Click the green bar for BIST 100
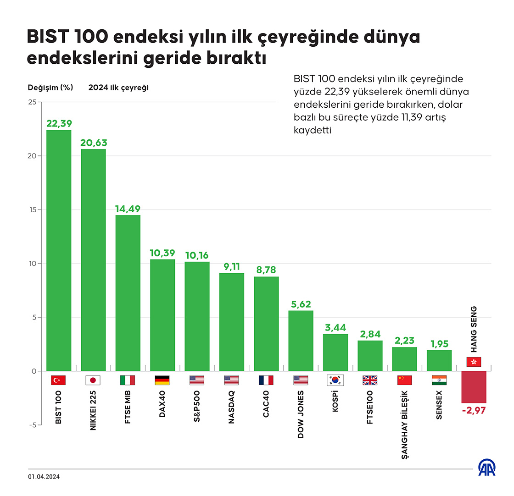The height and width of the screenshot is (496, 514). point(59,250)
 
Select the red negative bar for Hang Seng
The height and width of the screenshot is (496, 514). point(474,386)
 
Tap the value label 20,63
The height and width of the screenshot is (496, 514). point(93,143)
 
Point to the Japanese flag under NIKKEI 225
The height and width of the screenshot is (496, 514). point(93,380)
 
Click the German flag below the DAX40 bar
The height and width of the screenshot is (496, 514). point(162,380)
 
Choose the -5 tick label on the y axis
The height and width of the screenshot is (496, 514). point(31,425)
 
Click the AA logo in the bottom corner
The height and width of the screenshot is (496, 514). point(487,468)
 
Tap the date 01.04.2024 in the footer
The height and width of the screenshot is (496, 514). point(44,477)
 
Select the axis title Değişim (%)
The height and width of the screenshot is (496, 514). point(50,88)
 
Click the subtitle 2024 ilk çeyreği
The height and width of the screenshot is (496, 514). point(118,88)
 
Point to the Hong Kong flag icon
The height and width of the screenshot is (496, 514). point(474,362)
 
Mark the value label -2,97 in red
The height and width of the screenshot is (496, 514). point(474,410)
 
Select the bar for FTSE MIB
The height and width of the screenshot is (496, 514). point(128,293)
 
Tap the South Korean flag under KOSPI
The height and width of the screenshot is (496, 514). point(335,380)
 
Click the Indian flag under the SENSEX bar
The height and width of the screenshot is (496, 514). point(439,380)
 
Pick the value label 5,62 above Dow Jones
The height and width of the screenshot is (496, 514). point(301,304)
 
